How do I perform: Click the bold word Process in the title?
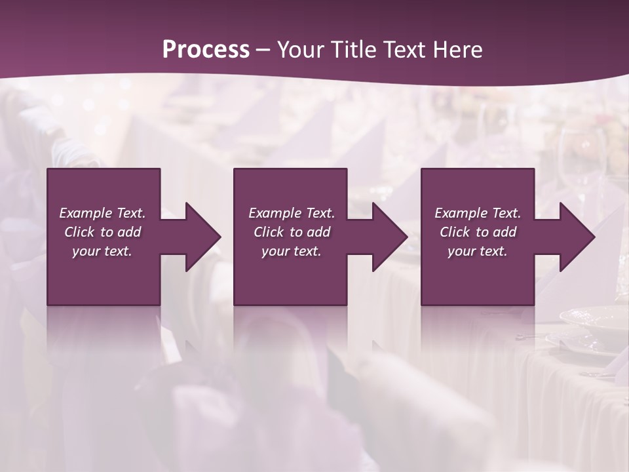(206, 50)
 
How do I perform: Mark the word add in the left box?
(130, 232)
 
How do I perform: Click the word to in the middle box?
(296, 232)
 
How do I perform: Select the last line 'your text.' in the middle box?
(291, 251)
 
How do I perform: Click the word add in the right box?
(505, 232)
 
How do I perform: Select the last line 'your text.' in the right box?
(477, 251)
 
